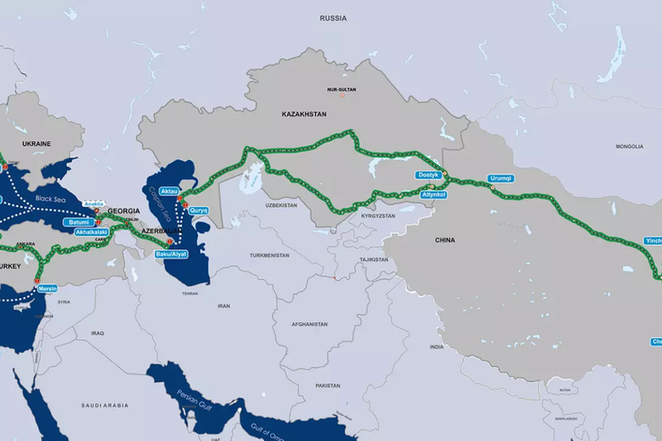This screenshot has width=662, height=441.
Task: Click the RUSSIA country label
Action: tap(333, 17)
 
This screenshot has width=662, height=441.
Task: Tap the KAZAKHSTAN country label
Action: tap(304, 114)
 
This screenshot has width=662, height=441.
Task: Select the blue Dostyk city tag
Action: tap(427, 175)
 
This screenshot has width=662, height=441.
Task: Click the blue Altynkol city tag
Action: tap(434, 193)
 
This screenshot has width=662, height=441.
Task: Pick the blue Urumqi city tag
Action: tap(500, 178)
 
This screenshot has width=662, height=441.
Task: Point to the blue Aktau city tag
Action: tap(168, 192)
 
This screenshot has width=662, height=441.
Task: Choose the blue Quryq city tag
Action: tap(198, 210)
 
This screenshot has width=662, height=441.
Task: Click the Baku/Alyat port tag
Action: tap(171, 254)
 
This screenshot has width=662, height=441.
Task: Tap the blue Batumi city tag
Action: tap(78, 221)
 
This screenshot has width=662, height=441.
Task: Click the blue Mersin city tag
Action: tap(48, 289)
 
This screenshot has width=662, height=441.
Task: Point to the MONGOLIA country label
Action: tap(630, 146)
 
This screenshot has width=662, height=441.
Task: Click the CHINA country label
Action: tap(445, 240)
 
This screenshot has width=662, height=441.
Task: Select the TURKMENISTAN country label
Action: tap(269, 255)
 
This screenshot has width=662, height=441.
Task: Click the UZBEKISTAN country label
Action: tap(281, 205)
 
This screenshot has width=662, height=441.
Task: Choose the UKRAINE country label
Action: tap(36, 144)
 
